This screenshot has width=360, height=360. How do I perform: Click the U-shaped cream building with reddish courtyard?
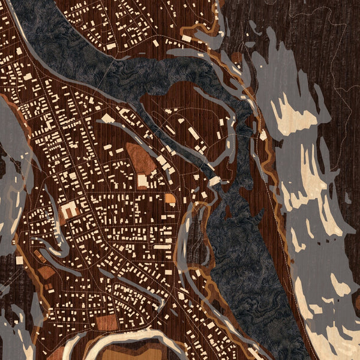[69, 210]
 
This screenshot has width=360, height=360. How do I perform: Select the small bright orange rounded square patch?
[170, 198]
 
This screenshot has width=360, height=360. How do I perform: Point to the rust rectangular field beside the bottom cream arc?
[107, 322]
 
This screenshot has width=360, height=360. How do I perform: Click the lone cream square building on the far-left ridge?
[19, 260]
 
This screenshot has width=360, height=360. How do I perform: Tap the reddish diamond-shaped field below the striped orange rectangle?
[46, 274]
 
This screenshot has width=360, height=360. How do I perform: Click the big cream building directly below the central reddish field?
[143, 180]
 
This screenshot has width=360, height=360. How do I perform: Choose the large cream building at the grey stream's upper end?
[214, 181]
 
